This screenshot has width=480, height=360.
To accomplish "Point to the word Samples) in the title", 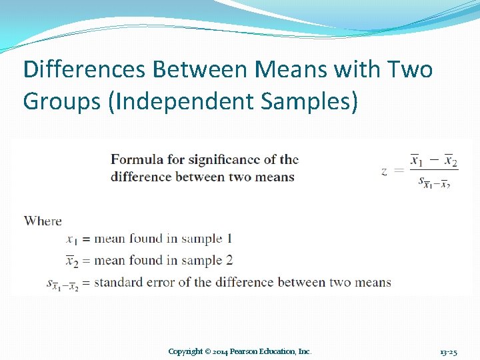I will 307,101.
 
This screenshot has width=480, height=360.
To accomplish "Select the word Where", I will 43,221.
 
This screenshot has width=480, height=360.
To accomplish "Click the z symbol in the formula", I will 384,171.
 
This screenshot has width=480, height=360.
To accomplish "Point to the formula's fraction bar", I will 433,171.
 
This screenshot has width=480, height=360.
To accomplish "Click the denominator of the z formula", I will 437,181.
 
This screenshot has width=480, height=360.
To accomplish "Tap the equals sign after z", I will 399,171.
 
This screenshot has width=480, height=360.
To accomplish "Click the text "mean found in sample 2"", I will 163,260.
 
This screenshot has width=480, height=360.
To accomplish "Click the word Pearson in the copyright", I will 252,351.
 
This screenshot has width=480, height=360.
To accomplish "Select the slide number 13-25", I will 448,351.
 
